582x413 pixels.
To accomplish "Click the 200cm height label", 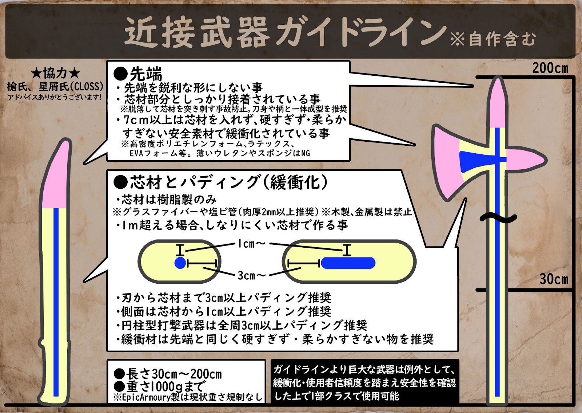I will [x=550, y=68].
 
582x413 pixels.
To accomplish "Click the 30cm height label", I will [x=553, y=279].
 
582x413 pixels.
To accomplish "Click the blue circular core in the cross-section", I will [x=180, y=263].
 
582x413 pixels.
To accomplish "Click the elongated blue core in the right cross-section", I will [x=348, y=263].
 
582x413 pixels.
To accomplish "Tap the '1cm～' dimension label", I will [x=251, y=244].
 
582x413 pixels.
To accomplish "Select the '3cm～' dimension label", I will [x=251, y=275].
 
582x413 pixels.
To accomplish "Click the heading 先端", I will [x=145, y=74].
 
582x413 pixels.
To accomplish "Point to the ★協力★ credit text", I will [x=55, y=74].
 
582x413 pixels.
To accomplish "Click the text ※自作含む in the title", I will [x=493, y=39].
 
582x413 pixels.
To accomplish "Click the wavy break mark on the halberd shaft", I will [x=498, y=218].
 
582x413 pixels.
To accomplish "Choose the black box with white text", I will [x=365, y=382].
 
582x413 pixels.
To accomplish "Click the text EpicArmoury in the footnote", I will [x=146, y=397].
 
